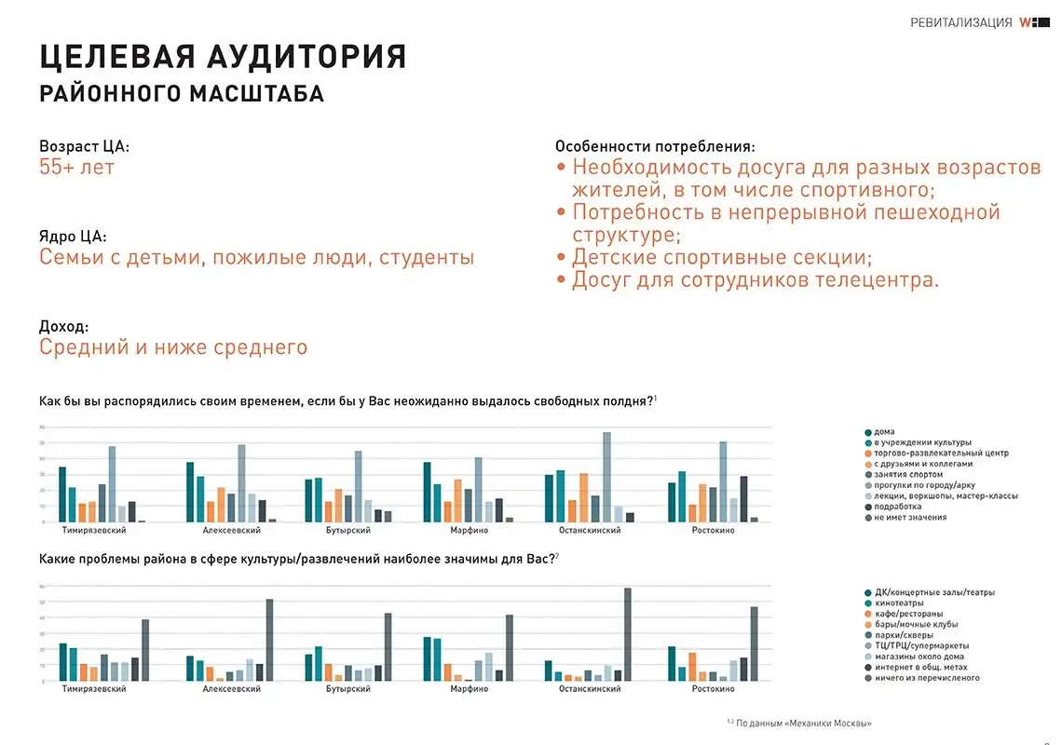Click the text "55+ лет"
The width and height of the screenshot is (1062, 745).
(76, 168)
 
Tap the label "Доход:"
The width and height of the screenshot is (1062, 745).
(64, 327)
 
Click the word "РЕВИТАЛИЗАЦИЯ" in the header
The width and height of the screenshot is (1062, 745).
(960, 23)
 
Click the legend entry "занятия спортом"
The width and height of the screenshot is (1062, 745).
(910, 474)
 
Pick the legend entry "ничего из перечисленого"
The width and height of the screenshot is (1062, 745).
(927, 678)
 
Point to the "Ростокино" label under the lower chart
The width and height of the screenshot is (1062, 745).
(714, 689)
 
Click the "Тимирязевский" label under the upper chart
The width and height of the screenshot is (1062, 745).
(94, 530)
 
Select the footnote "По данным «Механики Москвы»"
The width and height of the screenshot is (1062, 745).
(803, 724)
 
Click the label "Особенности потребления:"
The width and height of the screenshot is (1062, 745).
(655, 147)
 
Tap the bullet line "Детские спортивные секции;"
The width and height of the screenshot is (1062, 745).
(722, 257)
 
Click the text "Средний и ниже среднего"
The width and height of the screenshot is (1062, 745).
(173, 348)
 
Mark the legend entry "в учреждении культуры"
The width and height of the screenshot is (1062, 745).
(922, 442)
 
